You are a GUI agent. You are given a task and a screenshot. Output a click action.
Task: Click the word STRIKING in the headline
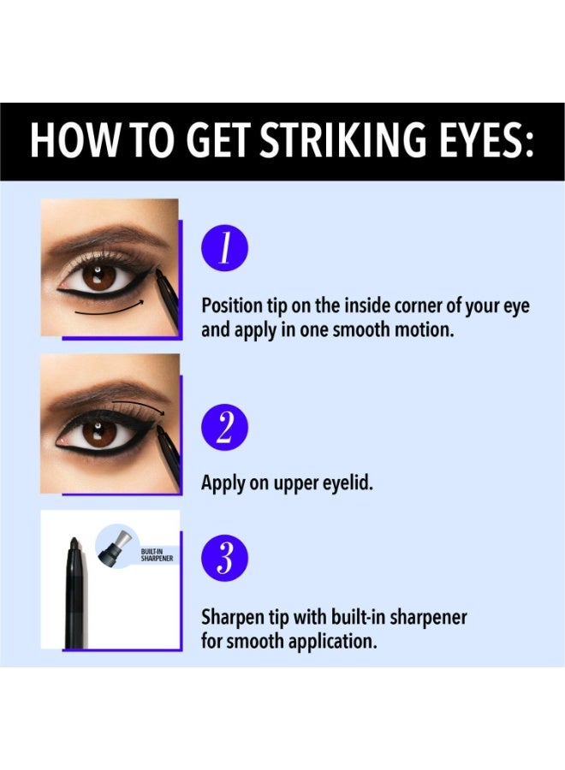[x=343, y=140]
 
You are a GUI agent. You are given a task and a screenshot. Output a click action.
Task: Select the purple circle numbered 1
[x=224, y=248]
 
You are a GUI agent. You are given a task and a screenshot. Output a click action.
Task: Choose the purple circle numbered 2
[x=224, y=427]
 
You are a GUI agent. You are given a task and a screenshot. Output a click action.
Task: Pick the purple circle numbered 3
[x=224, y=558]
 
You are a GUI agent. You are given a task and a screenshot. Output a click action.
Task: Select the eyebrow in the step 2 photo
[x=105, y=390]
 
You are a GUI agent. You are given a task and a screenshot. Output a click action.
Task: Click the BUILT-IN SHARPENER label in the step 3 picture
[x=157, y=555]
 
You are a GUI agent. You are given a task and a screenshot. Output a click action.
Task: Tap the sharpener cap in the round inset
[x=116, y=545]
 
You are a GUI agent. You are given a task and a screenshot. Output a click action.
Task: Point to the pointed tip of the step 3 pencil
[x=74, y=539]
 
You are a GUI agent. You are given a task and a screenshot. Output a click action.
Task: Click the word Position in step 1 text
[x=232, y=306]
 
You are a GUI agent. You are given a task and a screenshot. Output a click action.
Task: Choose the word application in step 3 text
[x=333, y=642]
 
